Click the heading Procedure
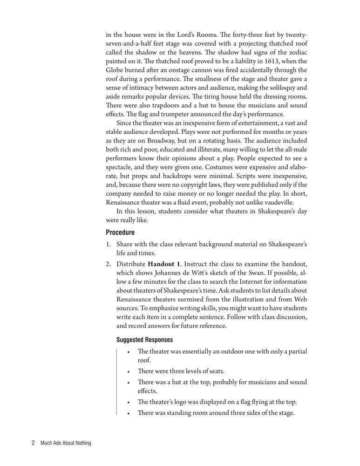coord(120,232)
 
